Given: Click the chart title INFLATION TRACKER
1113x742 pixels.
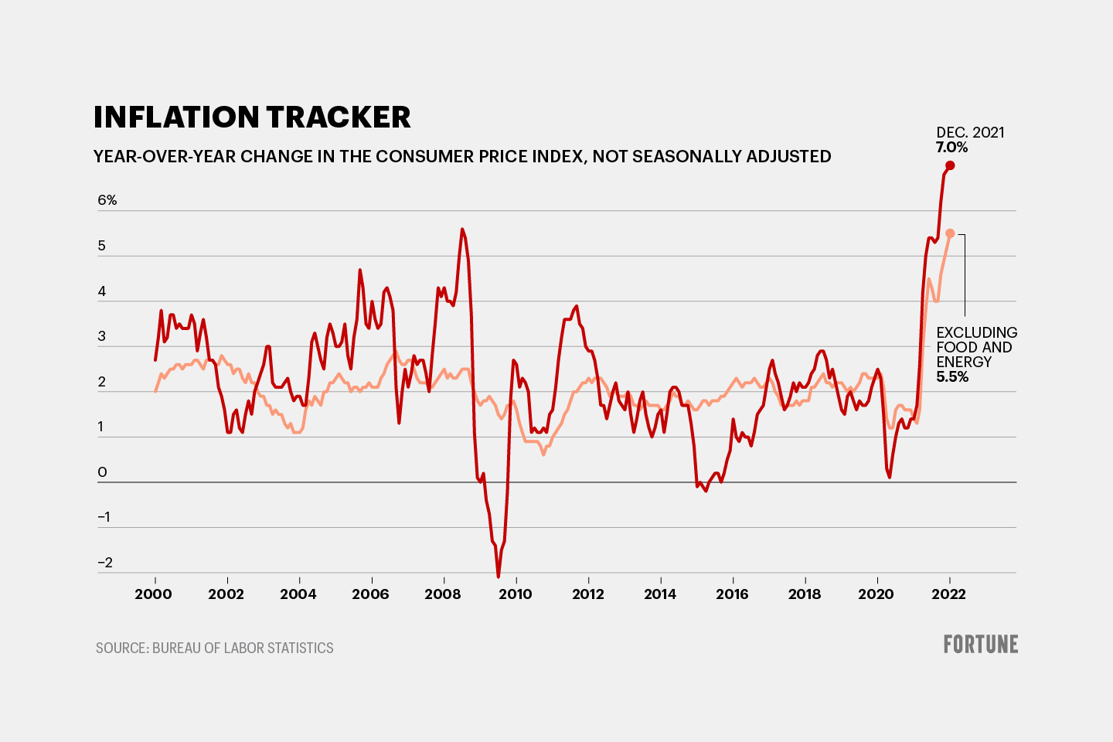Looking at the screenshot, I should click(252, 117).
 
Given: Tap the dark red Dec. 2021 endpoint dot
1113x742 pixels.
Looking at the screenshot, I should click(950, 165).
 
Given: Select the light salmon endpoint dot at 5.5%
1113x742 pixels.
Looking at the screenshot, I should click(950, 233).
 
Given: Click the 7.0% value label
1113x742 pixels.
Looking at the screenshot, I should click(951, 148).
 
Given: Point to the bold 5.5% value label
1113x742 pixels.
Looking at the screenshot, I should click(952, 377).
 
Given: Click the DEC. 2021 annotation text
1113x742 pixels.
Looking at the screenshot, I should click(970, 133).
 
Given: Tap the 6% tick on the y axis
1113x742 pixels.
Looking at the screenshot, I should click(107, 200).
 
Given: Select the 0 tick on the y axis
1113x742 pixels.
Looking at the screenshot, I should click(102, 472).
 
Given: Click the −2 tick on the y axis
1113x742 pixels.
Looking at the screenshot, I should click(105, 563).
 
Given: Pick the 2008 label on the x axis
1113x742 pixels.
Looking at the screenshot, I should click(443, 594).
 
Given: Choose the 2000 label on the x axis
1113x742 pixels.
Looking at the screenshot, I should click(153, 594).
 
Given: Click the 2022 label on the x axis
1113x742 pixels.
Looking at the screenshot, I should click(948, 594).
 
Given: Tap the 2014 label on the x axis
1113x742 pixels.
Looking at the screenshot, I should click(659, 594).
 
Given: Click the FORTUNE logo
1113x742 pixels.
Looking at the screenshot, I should click(980, 645).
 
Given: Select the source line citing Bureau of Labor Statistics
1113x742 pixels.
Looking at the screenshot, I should click(215, 648).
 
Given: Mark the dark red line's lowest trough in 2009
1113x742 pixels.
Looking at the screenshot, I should click(498, 577).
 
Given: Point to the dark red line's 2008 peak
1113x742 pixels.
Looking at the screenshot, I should click(462, 229).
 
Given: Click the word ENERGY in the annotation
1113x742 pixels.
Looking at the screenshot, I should click(964, 362).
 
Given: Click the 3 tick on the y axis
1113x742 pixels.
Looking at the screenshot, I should click(102, 336).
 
